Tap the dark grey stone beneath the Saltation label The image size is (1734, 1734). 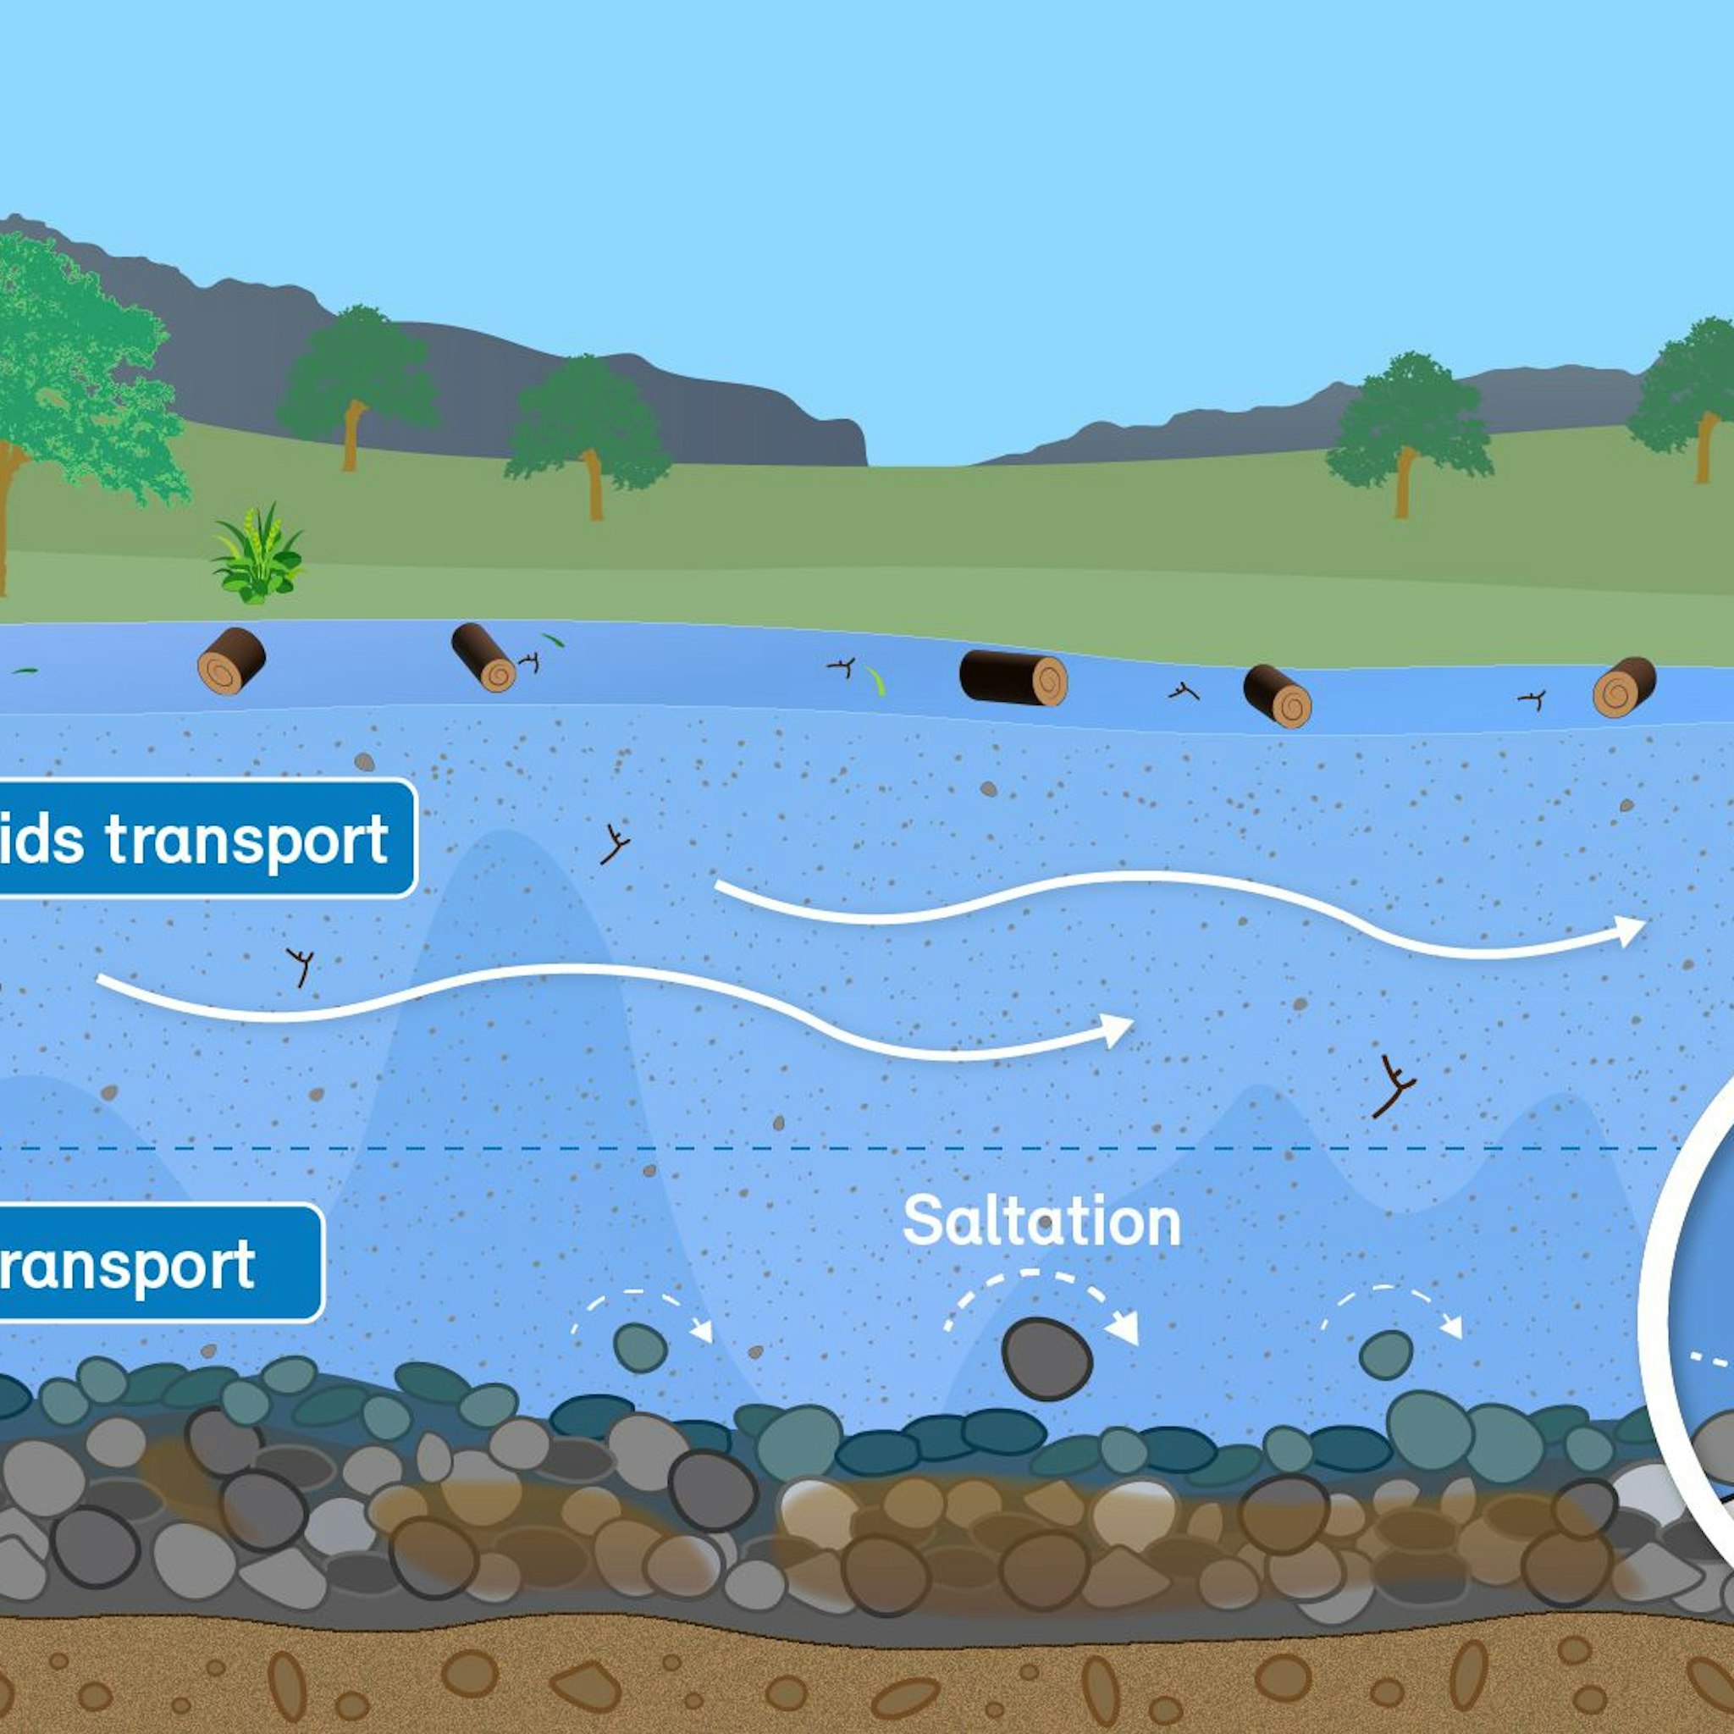point(1046,1359)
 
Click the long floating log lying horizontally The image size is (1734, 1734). point(1013,678)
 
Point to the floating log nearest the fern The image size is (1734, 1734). point(231,660)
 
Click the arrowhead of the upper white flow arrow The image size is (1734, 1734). point(1630,931)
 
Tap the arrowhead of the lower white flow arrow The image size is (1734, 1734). point(1118,1030)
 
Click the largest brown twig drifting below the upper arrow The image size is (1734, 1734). point(1393,1087)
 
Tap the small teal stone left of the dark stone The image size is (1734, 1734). point(640,1348)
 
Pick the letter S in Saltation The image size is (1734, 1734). point(922,1222)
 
